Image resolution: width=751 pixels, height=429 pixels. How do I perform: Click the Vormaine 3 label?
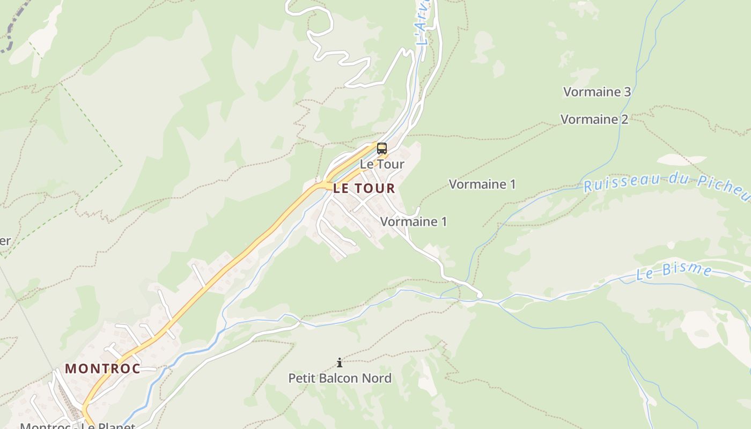tap(597, 92)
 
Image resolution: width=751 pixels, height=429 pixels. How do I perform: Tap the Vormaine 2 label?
tap(594, 119)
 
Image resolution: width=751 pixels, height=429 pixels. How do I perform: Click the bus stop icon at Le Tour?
tap(381, 149)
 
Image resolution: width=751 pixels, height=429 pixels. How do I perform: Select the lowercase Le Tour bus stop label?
tap(382, 164)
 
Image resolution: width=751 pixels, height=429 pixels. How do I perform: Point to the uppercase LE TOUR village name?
tap(364, 188)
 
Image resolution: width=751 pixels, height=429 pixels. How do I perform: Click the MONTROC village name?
tap(102, 368)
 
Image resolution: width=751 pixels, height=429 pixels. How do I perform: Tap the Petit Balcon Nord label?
tap(340, 378)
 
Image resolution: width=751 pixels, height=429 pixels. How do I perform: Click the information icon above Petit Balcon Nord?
tap(339, 363)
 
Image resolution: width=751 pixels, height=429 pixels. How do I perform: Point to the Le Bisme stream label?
tap(674, 271)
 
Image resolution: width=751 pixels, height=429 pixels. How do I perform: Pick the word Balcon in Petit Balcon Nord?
tap(340, 378)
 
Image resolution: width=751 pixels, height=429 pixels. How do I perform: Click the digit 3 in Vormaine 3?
tap(627, 92)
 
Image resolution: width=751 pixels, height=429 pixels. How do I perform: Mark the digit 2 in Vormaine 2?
tap(624, 119)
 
